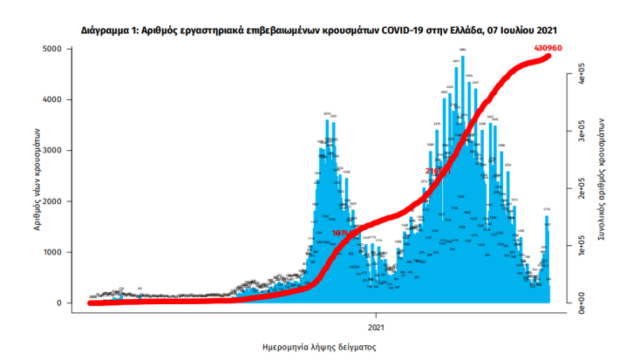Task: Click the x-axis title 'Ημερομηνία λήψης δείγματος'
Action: coord(319,346)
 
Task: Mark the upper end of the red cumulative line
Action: coord(549,56)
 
